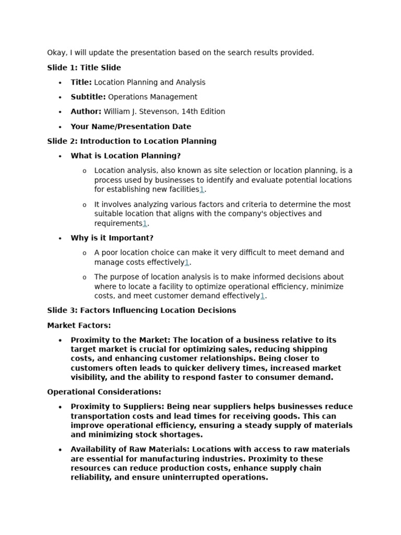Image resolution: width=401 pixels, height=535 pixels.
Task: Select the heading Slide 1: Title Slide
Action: (84, 67)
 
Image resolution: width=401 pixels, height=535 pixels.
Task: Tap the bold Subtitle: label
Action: (88, 97)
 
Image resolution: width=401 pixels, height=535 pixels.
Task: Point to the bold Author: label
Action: (86, 111)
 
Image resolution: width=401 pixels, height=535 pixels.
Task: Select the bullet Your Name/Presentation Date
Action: (131, 126)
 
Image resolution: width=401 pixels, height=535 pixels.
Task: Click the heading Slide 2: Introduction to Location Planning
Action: (132, 141)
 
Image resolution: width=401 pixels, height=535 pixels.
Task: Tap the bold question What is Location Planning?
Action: (126, 156)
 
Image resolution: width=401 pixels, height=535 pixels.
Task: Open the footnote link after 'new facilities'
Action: (202, 190)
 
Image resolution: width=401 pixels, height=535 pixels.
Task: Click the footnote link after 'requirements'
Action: (145, 224)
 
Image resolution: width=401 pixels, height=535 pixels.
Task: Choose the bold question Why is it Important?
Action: (112, 238)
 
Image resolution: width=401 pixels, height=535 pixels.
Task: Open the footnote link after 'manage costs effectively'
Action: (187, 262)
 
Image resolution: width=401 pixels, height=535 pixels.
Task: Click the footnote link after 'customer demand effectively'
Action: (263, 296)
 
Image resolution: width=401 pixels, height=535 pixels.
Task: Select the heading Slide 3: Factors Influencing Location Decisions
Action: (141, 310)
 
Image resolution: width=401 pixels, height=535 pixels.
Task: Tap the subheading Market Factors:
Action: (79, 325)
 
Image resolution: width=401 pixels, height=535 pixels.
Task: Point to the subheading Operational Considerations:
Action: (104, 392)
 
